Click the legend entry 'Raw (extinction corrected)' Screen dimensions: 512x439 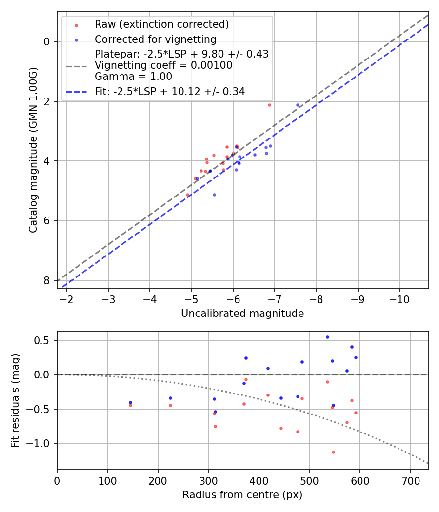[x=161, y=24]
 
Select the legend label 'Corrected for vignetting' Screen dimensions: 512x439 [x=155, y=39]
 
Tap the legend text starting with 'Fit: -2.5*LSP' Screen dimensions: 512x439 [x=170, y=91]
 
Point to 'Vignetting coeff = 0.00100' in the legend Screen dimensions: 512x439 [x=163, y=65]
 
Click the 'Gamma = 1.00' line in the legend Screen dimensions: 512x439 [x=133, y=77]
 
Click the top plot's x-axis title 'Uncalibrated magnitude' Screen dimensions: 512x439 [x=242, y=314]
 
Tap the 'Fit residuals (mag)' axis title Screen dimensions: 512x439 [x=15, y=400]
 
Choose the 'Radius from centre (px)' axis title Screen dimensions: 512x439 [x=242, y=495]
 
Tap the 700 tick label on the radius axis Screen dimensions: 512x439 [x=411, y=481]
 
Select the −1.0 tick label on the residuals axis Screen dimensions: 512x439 [x=40, y=443]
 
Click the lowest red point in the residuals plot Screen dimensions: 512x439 [x=333, y=452]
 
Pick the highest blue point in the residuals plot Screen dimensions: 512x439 [x=327, y=337]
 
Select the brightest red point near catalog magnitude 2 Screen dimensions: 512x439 [x=269, y=105]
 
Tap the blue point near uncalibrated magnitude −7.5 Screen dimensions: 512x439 [x=298, y=105]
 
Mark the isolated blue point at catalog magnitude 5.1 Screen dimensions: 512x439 [x=214, y=195]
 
